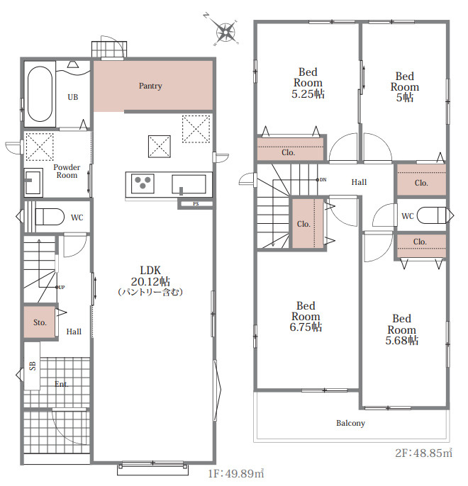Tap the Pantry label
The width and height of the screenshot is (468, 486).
tap(150, 86)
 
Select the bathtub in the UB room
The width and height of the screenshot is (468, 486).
tap(40, 94)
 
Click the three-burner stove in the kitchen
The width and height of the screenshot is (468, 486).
tap(143, 183)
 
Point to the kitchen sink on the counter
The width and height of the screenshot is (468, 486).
tap(189, 184)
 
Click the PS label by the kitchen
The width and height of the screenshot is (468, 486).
tap(196, 203)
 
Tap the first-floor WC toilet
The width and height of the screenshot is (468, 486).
tap(50, 216)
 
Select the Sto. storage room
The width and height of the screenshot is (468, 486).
tap(40, 322)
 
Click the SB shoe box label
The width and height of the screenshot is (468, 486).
tap(33, 366)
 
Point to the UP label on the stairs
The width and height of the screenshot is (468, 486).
tap(62, 288)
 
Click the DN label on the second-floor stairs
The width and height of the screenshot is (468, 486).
tap(323, 180)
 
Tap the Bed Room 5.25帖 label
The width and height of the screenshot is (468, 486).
tap(308, 83)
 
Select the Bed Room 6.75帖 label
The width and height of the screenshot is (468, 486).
tap(306, 317)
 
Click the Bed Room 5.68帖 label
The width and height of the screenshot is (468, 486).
tap(401, 329)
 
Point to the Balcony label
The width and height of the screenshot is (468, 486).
tap(350, 423)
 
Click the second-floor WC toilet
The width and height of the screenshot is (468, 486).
tap(431, 215)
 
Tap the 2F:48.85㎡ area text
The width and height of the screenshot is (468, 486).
tap(423, 453)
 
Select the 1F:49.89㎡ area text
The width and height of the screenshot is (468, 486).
tap(235, 473)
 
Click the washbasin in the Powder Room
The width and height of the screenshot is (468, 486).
tap(33, 182)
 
